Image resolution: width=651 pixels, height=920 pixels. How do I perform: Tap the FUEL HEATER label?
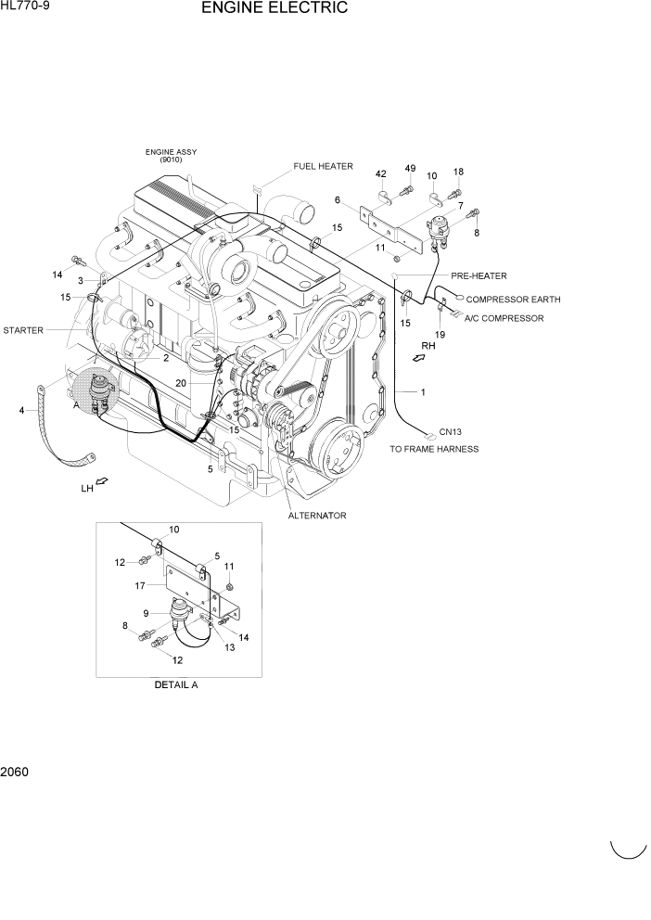[323, 167]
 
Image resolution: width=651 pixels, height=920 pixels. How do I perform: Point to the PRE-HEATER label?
[479, 275]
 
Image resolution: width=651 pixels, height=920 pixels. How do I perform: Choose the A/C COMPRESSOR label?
[504, 318]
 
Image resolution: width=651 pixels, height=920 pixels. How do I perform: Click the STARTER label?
[23, 330]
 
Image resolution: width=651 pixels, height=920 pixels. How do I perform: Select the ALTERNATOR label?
[317, 516]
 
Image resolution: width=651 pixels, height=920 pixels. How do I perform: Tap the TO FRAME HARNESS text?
[434, 449]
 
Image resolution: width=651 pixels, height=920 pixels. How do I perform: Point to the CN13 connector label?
[451, 431]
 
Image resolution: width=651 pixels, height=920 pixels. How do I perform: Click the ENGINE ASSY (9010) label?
[171, 155]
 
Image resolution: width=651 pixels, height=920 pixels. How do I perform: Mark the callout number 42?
[380, 174]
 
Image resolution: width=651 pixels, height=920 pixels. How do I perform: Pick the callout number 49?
[409, 168]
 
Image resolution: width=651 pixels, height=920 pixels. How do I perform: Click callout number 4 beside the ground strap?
[20, 409]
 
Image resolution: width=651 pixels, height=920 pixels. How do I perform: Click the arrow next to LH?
[102, 480]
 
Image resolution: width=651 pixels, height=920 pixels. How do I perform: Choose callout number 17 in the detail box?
[139, 585]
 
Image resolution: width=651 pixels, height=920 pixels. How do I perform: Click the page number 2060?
[15, 771]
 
